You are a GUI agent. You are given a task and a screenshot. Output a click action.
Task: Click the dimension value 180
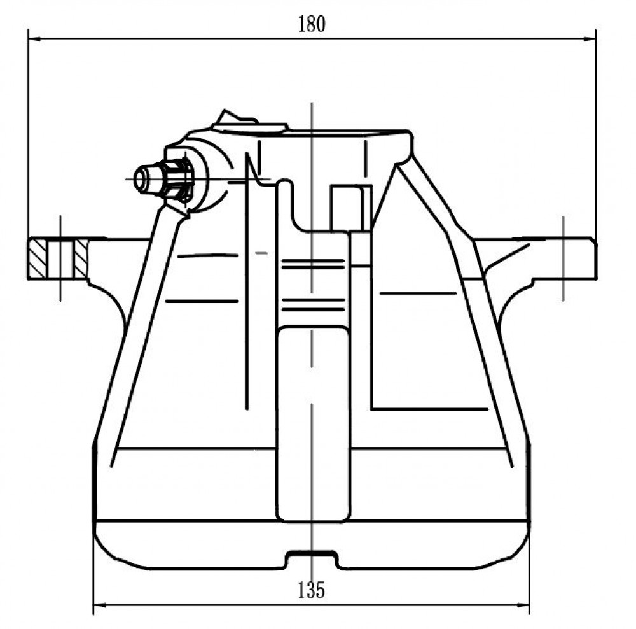tap(312, 24)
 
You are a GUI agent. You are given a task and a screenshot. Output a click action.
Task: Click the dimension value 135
tap(312, 590)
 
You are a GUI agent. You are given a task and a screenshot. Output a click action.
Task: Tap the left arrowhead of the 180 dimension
tap(34, 39)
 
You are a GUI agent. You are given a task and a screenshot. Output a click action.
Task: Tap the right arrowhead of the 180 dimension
tap(590, 39)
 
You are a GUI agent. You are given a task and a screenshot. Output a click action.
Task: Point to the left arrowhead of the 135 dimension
tap(100, 605)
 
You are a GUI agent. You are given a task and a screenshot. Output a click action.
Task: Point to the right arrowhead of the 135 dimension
tap(523, 605)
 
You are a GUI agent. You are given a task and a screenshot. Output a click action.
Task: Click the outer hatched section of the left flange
tap(38, 259)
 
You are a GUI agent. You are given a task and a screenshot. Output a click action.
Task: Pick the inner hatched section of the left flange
tap(81, 259)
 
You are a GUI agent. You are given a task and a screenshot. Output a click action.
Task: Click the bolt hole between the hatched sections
tap(60, 259)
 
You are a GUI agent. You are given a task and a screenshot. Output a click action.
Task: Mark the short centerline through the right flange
tap(563, 258)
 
